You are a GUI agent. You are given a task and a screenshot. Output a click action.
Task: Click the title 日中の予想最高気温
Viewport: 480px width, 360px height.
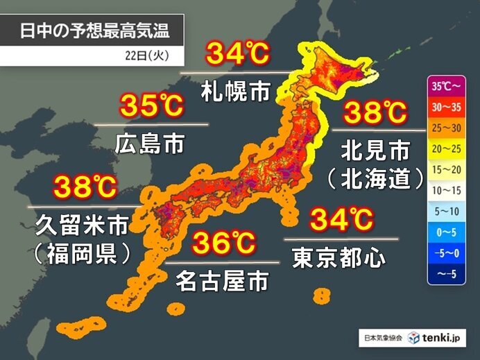coord(94,31)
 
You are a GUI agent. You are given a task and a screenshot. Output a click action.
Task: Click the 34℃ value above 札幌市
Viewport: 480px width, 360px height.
coord(236,55)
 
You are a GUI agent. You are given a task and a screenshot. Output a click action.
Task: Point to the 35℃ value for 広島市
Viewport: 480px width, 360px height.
coord(151,107)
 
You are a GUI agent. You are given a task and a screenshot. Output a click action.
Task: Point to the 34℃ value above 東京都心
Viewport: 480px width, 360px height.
coord(341,221)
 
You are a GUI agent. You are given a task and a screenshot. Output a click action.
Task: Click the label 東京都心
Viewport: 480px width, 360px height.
coord(340,257)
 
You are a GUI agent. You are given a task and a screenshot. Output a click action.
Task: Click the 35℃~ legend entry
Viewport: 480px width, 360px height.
coord(445,87)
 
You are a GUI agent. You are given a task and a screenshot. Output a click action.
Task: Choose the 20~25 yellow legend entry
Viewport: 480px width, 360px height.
coord(445,148)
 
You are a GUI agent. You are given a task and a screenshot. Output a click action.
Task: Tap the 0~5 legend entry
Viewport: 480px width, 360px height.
coord(445,229)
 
